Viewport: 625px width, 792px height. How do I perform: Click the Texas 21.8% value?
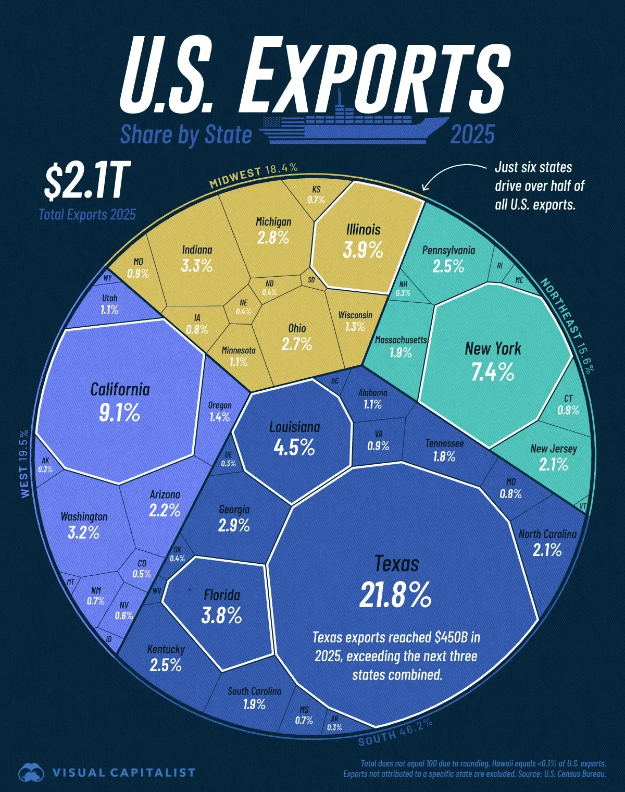click(x=395, y=595)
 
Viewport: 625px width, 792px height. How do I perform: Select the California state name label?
click(x=120, y=389)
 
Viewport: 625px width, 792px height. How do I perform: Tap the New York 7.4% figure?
click(x=493, y=372)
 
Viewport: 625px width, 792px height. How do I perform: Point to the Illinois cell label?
click(x=364, y=230)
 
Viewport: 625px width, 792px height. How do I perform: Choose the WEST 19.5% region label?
click(x=24, y=463)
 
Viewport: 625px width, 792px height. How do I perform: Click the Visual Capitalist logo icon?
click(x=31, y=772)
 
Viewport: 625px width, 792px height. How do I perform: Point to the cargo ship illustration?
click(x=354, y=125)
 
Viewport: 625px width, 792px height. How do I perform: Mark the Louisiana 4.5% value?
click(x=294, y=447)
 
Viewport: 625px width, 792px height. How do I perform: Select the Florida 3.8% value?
click(x=222, y=615)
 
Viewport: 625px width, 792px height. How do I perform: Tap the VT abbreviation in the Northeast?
click(x=583, y=505)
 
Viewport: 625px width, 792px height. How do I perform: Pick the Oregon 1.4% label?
click(x=220, y=411)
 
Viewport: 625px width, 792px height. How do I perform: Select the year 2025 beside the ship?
click(x=472, y=134)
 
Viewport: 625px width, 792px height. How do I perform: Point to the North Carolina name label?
click(x=547, y=534)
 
